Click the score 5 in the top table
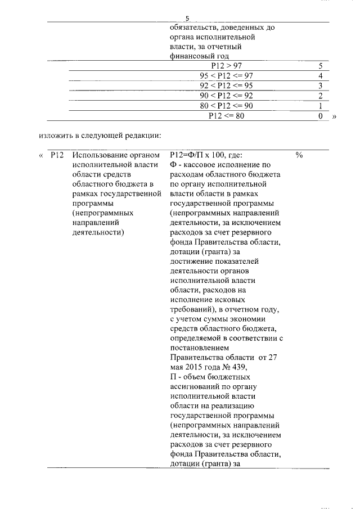319,66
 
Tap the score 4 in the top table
319,76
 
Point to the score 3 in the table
319,86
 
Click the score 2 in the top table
319,96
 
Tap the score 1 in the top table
319,106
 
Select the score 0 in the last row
319,116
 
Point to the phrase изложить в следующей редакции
100,136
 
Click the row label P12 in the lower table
57,156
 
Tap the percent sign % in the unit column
299,156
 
